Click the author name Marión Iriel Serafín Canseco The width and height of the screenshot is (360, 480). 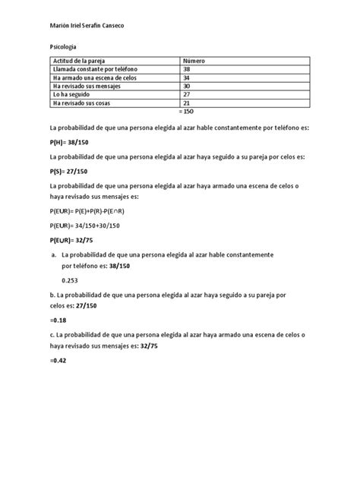[x=87, y=27]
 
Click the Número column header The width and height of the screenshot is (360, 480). [x=194, y=60]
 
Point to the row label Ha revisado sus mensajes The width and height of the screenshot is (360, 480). [x=90, y=86]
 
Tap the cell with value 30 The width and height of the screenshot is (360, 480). [x=188, y=86]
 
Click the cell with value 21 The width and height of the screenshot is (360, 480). [x=188, y=103]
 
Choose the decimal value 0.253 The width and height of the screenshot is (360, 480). [x=71, y=279]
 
